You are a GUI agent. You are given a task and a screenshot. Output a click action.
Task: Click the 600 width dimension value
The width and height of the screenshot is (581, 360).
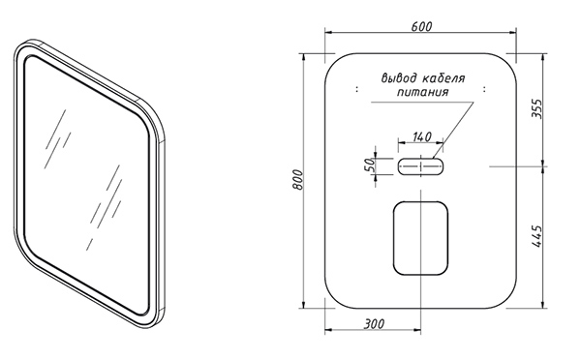(x=421, y=27)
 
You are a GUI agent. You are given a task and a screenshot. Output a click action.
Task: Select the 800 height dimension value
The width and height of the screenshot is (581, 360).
(x=297, y=180)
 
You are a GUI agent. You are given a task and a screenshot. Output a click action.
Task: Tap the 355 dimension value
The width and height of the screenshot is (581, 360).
(x=536, y=109)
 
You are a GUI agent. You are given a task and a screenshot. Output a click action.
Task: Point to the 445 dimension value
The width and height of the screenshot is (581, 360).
(x=536, y=236)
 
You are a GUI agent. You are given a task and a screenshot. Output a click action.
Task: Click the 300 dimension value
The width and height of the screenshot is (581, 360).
(x=374, y=324)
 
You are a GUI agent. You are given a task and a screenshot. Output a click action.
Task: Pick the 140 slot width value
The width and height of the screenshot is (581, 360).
(x=421, y=137)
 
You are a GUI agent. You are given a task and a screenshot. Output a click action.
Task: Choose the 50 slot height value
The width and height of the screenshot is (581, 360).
(x=370, y=165)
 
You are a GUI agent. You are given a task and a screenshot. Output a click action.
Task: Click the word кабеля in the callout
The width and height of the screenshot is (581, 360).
(x=443, y=79)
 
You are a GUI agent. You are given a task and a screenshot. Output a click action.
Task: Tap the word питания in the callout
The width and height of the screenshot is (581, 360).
(x=423, y=92)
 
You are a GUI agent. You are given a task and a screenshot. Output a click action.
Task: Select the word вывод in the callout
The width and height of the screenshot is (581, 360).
(x=399, y=79)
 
